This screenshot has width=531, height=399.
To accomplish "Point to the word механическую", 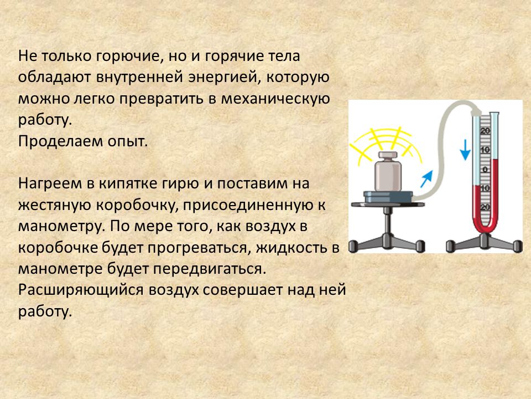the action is pos(275,99).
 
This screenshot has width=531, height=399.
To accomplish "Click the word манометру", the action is pos(60,227).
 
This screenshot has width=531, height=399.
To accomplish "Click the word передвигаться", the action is pos(210,269).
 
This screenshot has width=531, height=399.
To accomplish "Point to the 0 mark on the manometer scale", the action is pos(485,170).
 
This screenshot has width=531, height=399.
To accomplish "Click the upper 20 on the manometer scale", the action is pos(485,131).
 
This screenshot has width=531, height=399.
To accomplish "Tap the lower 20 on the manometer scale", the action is pos(485,207).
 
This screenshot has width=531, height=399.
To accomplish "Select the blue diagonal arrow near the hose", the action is pos(426,179).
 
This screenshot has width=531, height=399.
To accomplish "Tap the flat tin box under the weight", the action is pos(388,197).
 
